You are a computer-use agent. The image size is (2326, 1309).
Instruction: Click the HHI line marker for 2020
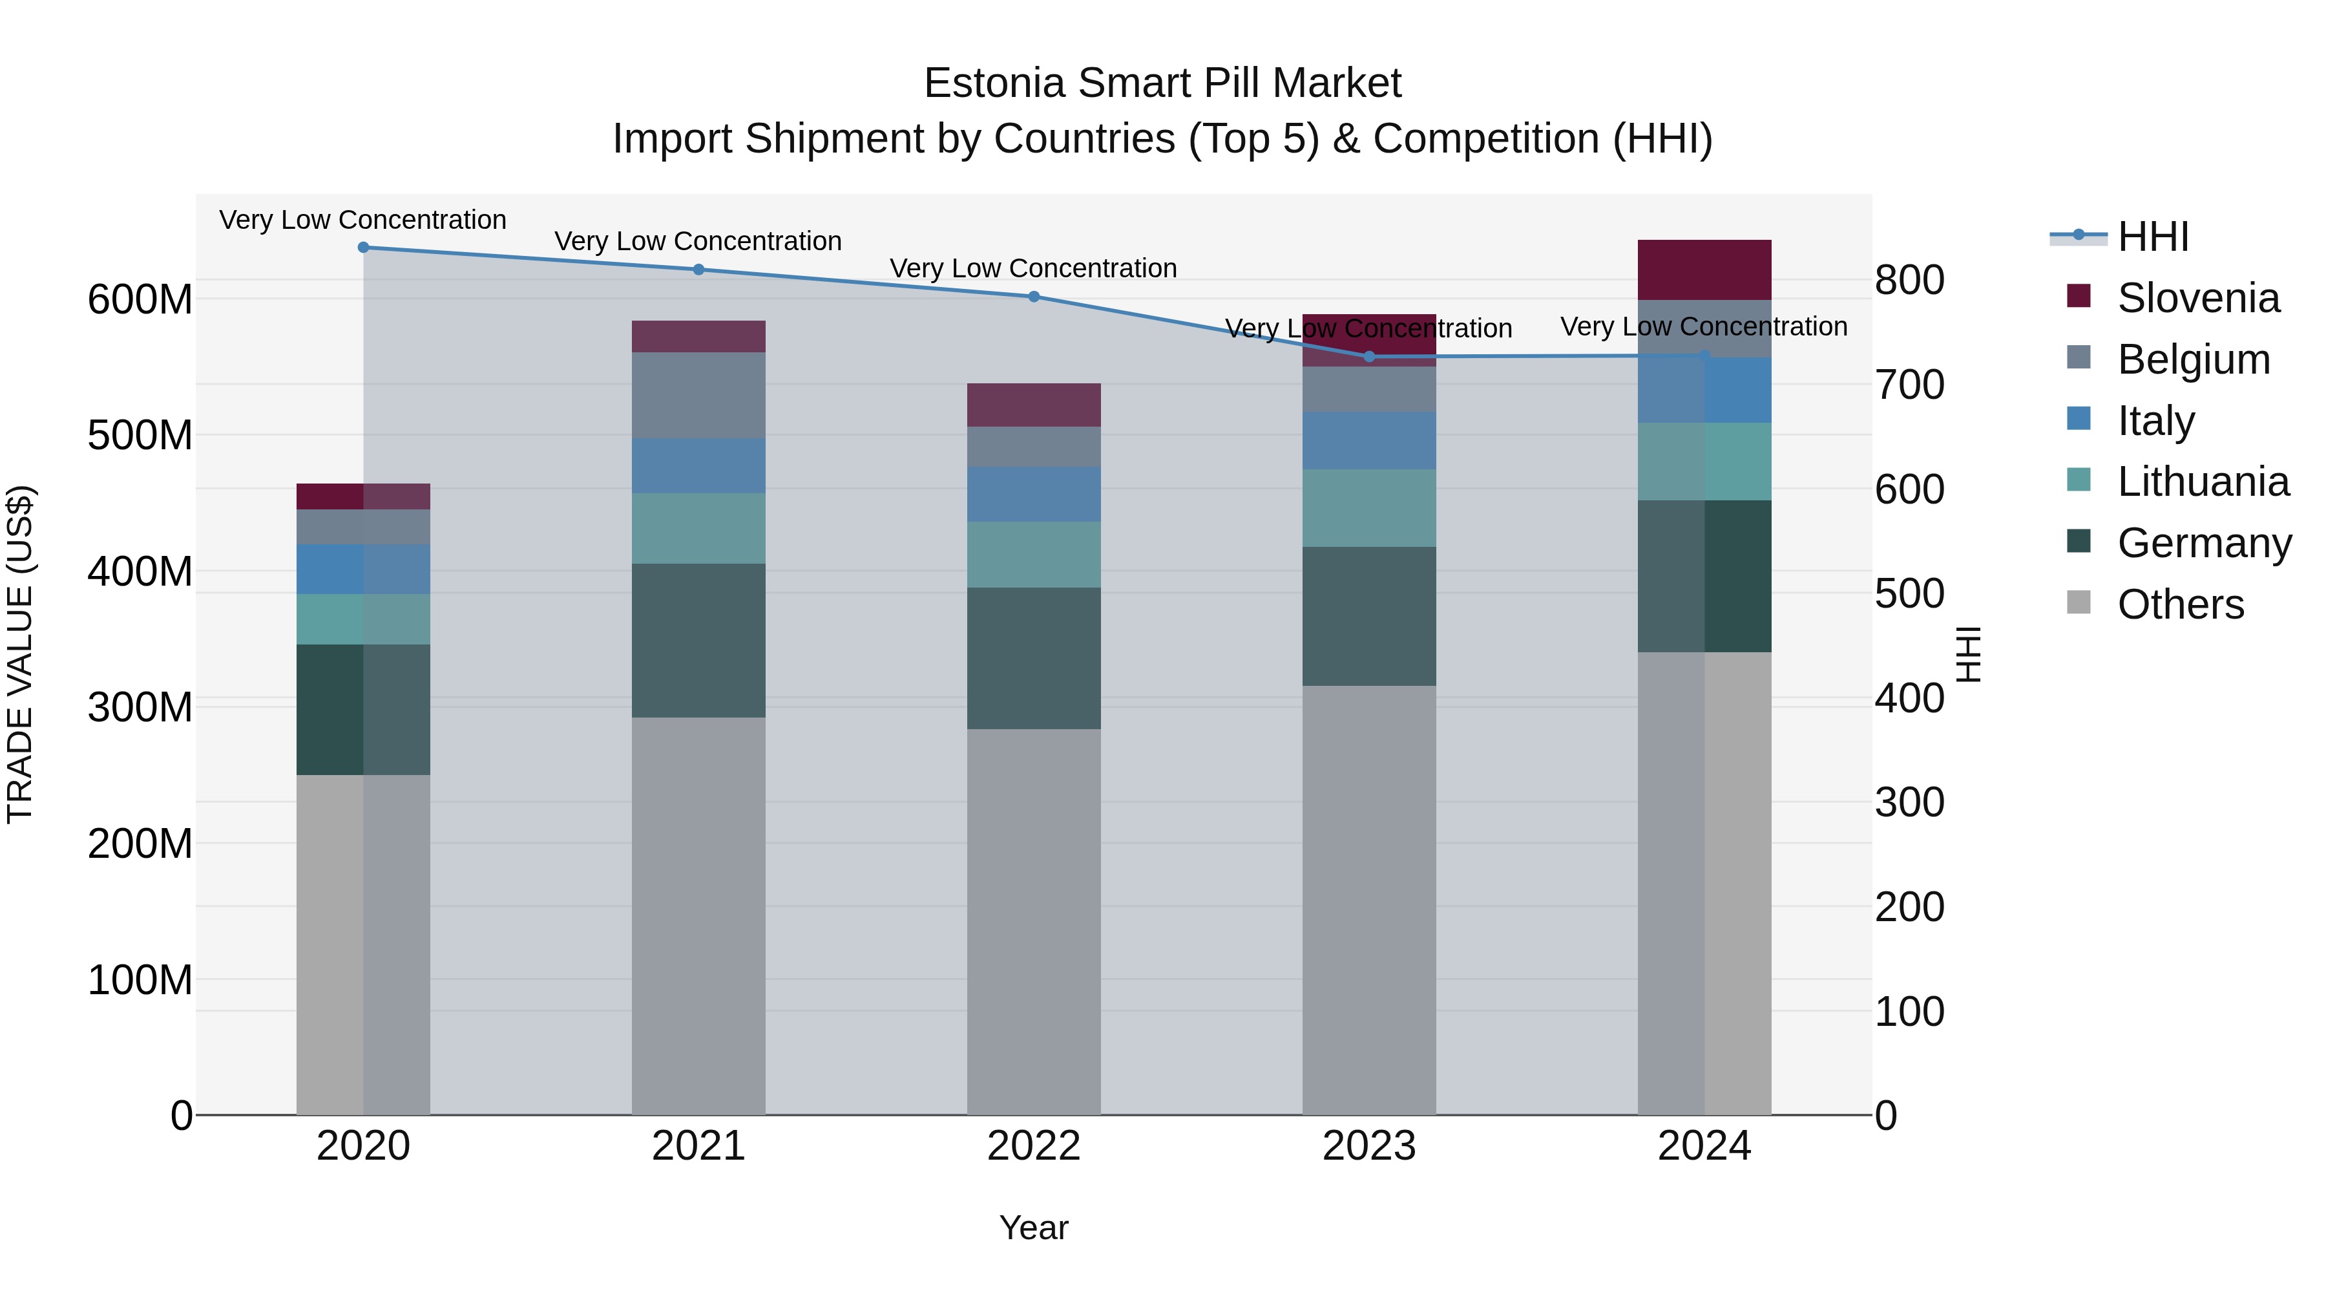click(x=363, y=248)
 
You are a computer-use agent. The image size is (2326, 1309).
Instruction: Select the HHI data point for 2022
click(x=1034, y=296)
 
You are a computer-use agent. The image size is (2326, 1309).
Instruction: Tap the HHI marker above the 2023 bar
click(x=1369, y=357)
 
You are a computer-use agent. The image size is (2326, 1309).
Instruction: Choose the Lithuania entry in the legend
click(x=2203, y=482)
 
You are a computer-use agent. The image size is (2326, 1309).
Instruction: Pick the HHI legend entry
click(x=2153, y=237)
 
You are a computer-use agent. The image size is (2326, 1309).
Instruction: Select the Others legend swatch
click(x=2079, y=602)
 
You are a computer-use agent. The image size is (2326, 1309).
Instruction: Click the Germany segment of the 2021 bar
click(x=698, y=641)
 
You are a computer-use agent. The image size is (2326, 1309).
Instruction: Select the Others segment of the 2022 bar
click(x=1034, y=921)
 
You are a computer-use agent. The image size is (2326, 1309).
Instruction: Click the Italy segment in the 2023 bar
click(x=1369, y=440)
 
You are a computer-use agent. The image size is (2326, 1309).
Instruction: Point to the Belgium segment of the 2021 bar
click(x=698, y=395)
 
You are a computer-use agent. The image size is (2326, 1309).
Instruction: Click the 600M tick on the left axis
click(x=140, y=299)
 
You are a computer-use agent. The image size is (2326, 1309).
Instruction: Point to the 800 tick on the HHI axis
click(x=1909, y=280)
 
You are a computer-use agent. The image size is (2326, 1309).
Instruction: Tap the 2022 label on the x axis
click(x=1034, y=1146)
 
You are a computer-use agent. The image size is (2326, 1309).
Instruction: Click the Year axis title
click(x=1034, y=1228)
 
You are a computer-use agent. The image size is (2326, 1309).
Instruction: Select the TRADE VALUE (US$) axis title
click(x=20, y=654)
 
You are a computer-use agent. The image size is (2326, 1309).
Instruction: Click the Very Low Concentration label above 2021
click(x=698, y=241)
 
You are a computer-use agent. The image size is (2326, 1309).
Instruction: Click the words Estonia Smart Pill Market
click(x=1162, y=83)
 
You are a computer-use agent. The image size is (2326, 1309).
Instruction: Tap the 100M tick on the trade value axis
click(x=140, y=979)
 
